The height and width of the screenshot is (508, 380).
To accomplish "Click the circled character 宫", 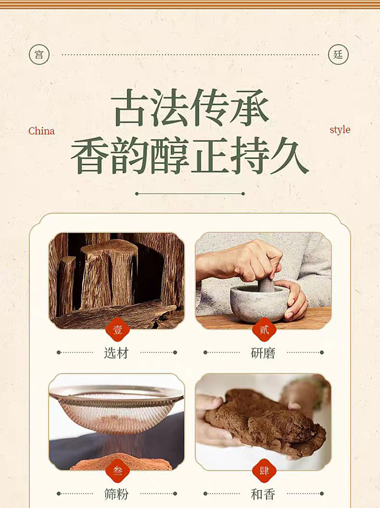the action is pos(39,55).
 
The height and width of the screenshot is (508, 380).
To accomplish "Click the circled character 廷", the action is pos(338,55).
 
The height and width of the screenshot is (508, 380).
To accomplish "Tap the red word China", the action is pos(41,131).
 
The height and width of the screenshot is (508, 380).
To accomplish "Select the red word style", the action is pos(340,130).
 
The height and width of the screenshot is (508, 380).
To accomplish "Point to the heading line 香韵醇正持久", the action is pos(190,155).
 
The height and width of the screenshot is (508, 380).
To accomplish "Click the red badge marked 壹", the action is pos(117,329).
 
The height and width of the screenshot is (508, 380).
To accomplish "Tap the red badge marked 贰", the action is pos(264,329).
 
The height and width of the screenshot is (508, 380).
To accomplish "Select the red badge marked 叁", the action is pos(117,471).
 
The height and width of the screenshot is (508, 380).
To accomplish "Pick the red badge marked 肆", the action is pos(264,471).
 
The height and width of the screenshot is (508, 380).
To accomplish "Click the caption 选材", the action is pos(116,353).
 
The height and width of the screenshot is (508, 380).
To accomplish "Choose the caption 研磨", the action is pos(263,353).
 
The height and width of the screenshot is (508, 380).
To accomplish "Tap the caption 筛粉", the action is pos(116,494).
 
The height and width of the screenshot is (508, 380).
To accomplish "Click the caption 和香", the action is pos(263,494).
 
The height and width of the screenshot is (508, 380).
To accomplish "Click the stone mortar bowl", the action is pos(259,303).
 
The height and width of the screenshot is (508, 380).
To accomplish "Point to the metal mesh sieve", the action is pos(117,407).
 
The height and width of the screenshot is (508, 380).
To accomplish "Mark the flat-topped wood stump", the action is pos(108,274).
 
